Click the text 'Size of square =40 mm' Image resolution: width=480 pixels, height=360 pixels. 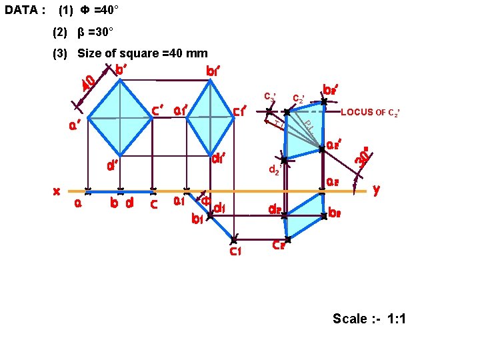coord(143,53)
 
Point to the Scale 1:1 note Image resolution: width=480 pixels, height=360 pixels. coord(369,319)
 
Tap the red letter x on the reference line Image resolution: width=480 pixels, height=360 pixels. coord(57,191)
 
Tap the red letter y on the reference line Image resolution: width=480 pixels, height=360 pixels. coord(377,190)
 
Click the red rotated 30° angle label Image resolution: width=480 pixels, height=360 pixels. coord(362,157)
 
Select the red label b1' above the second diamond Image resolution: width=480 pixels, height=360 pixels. coord(213,70)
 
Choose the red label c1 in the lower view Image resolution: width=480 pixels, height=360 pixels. coord(235,251)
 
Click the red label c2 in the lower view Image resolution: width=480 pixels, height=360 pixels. coord(279,245)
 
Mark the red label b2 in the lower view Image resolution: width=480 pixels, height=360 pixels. coord(336,213)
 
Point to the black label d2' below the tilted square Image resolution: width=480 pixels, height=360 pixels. coord(274,170)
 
